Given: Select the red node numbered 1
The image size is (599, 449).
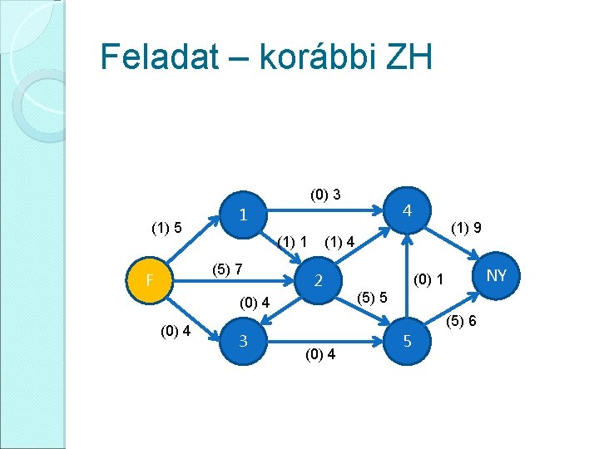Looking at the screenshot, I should coord(242,214).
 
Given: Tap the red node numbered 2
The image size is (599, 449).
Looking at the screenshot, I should coord(318,281).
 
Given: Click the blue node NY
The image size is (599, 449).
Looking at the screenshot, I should coord(496,274).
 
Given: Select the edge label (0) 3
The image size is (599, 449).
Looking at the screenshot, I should coord(325,195).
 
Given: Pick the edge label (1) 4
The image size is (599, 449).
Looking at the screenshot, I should coord(340,243).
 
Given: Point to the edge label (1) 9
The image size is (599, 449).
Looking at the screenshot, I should coord(467,227).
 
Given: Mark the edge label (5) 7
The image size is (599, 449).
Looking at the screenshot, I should coord(227,269).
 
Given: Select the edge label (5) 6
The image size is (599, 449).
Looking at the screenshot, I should coord(461,320).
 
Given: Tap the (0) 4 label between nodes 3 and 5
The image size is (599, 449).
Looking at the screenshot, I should coord(320,355).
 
